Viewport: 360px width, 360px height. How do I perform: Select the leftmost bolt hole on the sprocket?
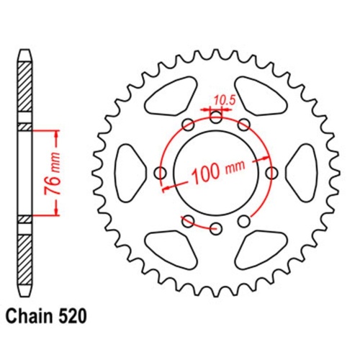pyautogui.click(x=161, y=173)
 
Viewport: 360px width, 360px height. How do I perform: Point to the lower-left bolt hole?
pyautogui.click(x=189, y=220)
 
